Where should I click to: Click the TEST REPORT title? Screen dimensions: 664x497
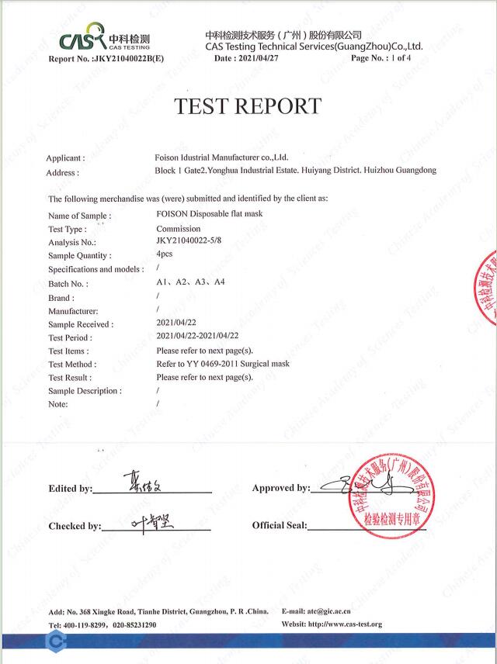pyautogui.click(x=248, y=106)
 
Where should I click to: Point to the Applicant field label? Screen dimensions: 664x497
pyautogui.click(x=64, y=157)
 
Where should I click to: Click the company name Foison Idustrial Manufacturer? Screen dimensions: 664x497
pyautogui.click(x=221, y=157)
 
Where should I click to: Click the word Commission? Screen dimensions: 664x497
pyautogui.click(x=178, y=229)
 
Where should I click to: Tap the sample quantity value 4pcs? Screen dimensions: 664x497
pyautogui.click(x=164, y=254)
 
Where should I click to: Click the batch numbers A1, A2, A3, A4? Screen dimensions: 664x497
pyautogui.click(x=190, y=282)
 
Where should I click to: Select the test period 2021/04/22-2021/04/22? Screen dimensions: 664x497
pyautogui.click(x=197, y=336)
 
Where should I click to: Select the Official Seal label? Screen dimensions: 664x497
pyautogui.click(x=280, y=526)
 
